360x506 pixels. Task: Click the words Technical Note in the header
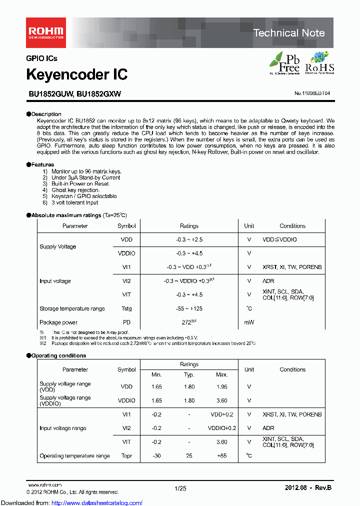pyautogui.click(x=289, y=33)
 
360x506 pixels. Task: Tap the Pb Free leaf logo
pyautogui.click(x=285, y=63)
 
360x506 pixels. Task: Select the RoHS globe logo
pyautogui.click(x=319, y=63)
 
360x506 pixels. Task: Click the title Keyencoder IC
pyautogui.click(x=76, y=74)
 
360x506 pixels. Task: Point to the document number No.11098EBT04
pyautogui.click(x=312, y=93)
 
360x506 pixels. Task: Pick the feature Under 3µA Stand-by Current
pyautogui.click(x=85, y=177)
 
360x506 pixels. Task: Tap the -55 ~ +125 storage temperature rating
pyautogui.click(x=189, y=308)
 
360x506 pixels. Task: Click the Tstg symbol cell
pyautogui.click(x=126, y=308)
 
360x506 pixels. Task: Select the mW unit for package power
pyautogui.click(x=249, y=322)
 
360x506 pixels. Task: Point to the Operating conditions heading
pyautogui.click(x=58, y=355)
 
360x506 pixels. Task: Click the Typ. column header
pyautogui.click(x=189, y=374)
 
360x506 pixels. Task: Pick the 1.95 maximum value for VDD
pyautogui.click(x=221, y=386)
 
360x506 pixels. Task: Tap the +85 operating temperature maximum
pyautogui.click(x=221, y=456)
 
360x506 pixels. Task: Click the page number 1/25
pyautogui.click(x=180, y=487)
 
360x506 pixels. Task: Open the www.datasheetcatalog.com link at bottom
pyautogui.click(x=71, y=502)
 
